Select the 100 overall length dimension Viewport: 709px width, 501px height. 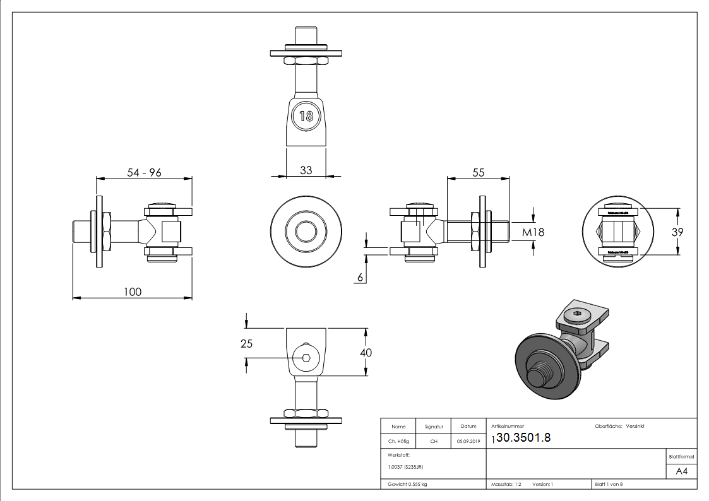pos(133,292)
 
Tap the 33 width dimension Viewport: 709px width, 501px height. pos(306,170)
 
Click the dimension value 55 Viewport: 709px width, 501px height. pos(478,172)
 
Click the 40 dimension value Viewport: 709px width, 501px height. pos(365,353)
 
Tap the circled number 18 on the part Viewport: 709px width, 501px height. pos(306,116)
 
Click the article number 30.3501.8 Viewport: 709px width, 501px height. pos(524,438)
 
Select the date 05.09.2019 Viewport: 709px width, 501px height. pos(468,442)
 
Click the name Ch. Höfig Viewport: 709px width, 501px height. pos(398,442)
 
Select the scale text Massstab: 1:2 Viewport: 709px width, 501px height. pos(506,484)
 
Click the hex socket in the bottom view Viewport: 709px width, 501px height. pos(306,358)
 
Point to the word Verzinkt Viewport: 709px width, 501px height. pos(635,427)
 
